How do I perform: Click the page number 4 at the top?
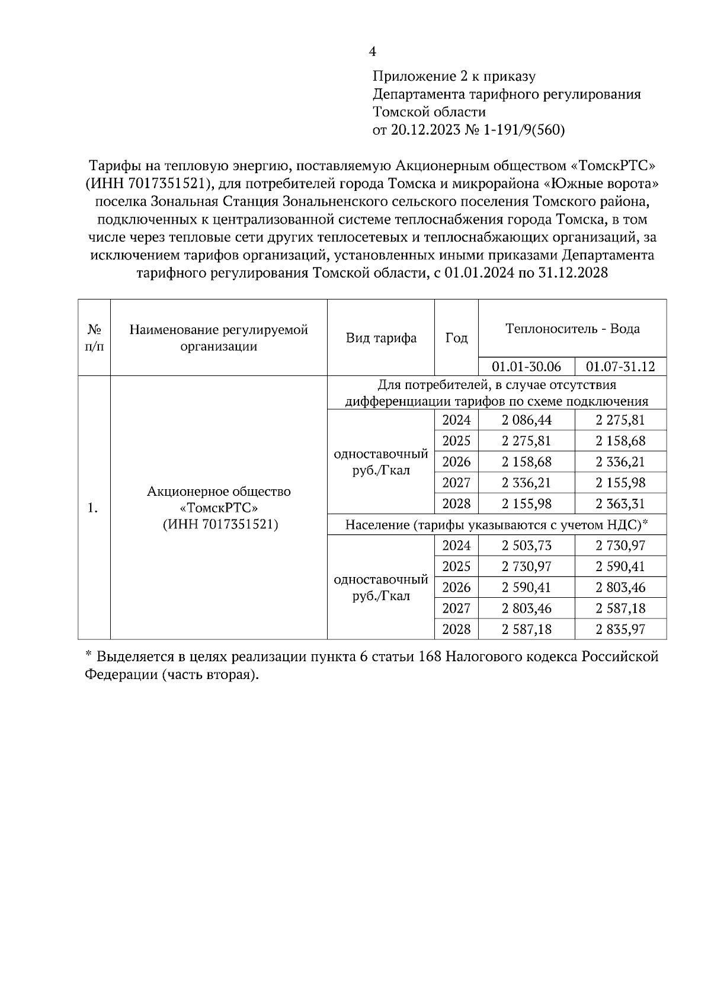(x=372, y=52)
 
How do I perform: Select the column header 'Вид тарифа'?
(x=381, y=338)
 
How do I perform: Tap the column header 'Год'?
(x=456, y=338)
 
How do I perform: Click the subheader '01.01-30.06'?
(x=526, y=367)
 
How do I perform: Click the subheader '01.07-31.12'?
(x=620, y=367)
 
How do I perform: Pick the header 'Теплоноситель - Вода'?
(x=572, y=329)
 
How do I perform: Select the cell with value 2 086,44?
(x=526, y=420)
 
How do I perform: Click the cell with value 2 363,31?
(x=620, y=504)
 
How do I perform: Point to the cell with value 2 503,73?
(x=526, y=546)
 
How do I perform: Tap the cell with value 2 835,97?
(x=620, y=629)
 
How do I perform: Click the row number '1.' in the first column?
(x=94, y=508)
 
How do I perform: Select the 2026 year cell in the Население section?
(x=456, y=587)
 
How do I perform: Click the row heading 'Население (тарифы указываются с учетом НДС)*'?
(x=497, y=525)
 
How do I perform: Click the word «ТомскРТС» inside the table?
(x=219, y=508)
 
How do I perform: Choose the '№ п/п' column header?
(x=94, y=337)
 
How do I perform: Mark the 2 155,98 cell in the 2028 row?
(x=526, y=504)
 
